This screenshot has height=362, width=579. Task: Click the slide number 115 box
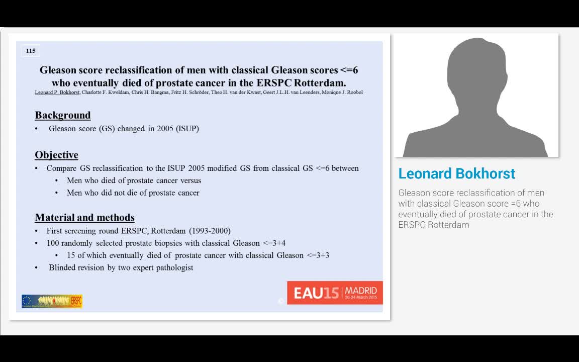click(31, 51)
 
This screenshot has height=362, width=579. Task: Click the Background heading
click(63, 115)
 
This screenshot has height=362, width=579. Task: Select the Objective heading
click(56, 155)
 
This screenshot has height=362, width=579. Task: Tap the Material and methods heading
click(84, 218)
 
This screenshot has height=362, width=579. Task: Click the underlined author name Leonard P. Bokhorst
click(57, 93)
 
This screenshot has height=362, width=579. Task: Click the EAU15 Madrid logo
click(335, 293)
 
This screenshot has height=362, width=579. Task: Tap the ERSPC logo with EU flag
click(52, 301)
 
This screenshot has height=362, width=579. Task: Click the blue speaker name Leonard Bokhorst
click(456, 173)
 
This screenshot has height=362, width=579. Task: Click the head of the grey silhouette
click(476, 70)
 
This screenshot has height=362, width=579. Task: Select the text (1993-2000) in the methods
click(210, 231)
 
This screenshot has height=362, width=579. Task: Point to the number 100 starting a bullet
click(53, 243)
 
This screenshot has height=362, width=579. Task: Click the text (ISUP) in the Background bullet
click(187, 129)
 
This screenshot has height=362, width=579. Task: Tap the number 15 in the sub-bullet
click(71, 255)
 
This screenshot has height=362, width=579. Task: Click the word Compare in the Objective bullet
click(61, 168)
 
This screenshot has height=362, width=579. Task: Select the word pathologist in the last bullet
click(174, 267)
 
